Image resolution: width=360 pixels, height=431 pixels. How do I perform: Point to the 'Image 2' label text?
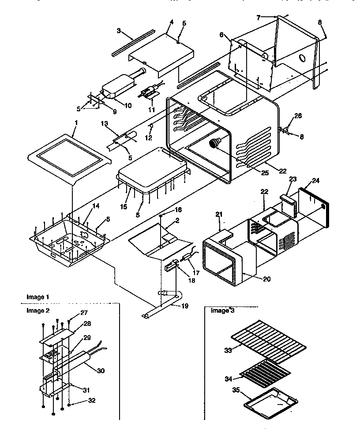coord(38,310)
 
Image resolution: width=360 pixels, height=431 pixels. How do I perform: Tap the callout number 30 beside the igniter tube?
coord(101,371)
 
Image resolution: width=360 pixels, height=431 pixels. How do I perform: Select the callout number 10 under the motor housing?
coord(127,105)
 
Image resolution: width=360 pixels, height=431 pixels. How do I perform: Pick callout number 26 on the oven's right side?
coord(299,116)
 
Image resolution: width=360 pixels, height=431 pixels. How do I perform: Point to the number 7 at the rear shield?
coord(259,18)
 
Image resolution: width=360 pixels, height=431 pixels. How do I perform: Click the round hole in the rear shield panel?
coord(303,58)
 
